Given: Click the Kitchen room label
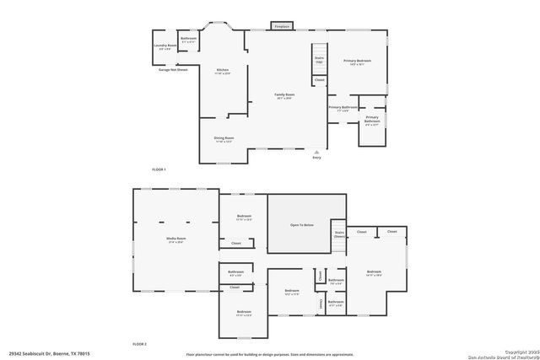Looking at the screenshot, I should [223, 69].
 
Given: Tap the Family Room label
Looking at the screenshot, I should [284, 94].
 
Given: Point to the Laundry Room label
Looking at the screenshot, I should [165, 45].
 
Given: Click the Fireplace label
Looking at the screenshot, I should [282, 27].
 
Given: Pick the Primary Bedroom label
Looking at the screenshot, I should [357, 61].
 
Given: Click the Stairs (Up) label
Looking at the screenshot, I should [319, 59].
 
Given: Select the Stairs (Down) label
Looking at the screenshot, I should [339, 234].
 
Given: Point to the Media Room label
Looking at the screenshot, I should [175, 239].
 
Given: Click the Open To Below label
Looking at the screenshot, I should [301, 225].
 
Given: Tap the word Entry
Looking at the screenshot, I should [316, 158].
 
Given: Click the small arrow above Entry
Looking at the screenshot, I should [316, 152].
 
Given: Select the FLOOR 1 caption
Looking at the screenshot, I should [159, 170].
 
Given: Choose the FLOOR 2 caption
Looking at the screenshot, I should [139, 344].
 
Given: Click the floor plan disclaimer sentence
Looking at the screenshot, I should [269, 354].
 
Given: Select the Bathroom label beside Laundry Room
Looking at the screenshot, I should [188, 38].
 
